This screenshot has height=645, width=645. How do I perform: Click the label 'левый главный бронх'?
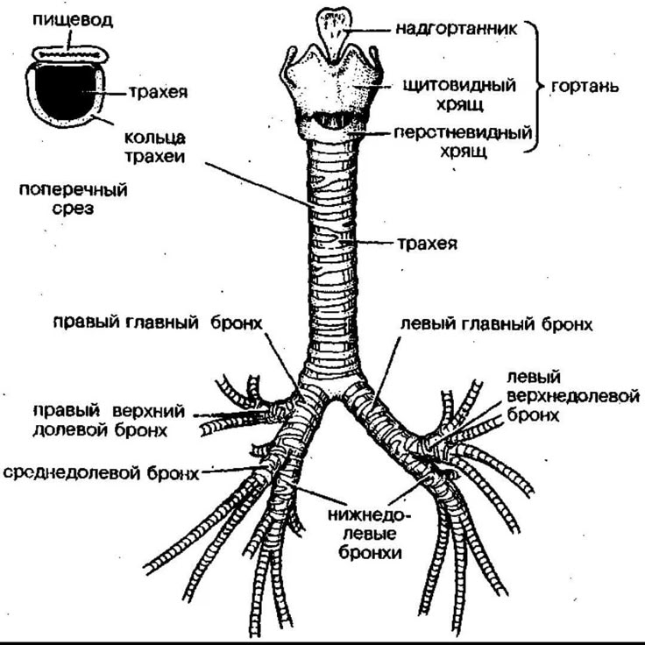496,322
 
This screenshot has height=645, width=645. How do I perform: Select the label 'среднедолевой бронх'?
100,473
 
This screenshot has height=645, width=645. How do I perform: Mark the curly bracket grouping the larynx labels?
534,88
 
